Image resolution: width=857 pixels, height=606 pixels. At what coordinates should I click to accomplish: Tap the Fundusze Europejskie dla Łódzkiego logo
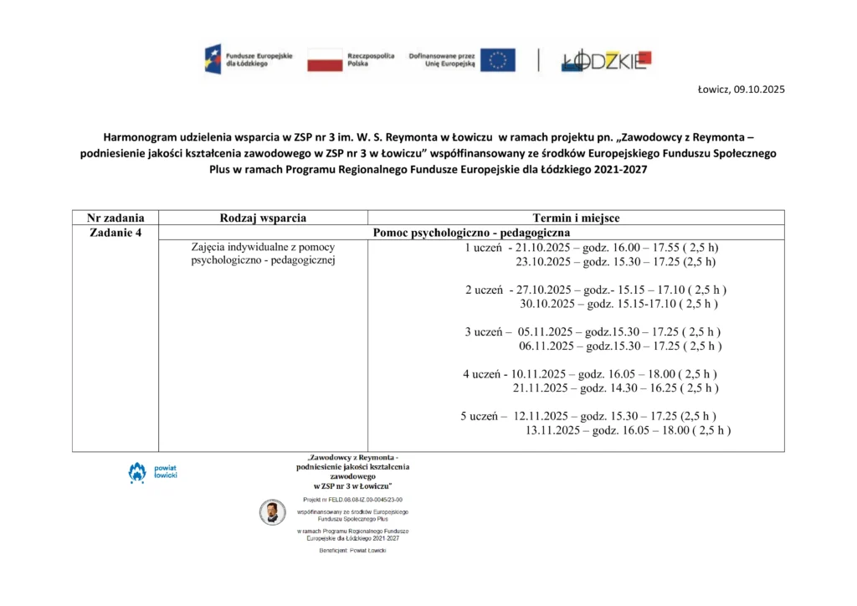[x=249, y=59]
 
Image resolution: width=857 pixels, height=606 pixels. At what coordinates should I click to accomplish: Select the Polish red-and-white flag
[x=325, y=59]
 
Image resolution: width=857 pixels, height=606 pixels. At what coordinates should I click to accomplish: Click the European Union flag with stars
[x=497, y=59]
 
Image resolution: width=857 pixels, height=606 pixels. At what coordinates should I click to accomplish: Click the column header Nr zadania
[x=115, y=218]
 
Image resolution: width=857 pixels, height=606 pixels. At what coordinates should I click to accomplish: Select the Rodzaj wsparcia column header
[x=263, y=218]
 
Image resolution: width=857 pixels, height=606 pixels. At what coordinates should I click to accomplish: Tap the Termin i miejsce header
[x=576, y=218]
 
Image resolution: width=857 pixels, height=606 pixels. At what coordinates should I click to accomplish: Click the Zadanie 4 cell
[x=115, y=232]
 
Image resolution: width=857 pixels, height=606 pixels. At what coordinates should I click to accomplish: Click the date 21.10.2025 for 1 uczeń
[x=544, y=248]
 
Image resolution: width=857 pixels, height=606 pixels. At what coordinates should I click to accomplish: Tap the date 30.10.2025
[x=547, y=304]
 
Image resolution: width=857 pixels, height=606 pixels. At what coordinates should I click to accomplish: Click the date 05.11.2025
[x=547, y=331]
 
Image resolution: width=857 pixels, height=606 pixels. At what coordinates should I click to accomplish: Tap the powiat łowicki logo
[x=146, y=472]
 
